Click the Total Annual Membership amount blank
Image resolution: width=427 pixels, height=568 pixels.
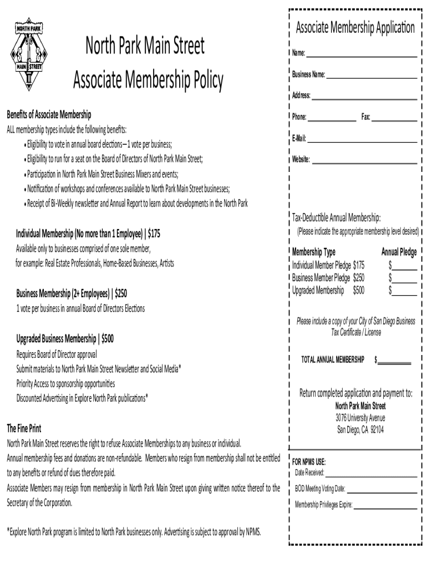[x=394, y=361]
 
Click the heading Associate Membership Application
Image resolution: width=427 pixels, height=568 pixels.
[x=355, y=27]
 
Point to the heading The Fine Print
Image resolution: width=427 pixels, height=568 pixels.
[x=24, y=429]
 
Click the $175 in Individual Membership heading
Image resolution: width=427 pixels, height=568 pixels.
[x=154, y=234]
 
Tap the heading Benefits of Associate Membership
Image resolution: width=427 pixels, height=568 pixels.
[x=49, y=115]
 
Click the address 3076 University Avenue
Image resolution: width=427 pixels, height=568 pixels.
[x=360, y=418]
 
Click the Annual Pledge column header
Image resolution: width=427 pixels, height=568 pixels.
[x=399, y=252]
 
